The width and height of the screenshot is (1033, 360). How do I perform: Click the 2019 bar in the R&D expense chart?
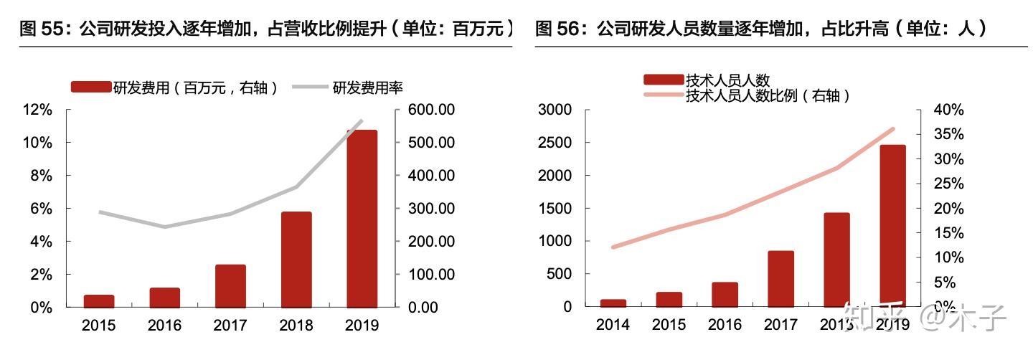[x=362, y=219]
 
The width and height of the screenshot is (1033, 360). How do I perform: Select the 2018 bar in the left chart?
[x=296, y=260]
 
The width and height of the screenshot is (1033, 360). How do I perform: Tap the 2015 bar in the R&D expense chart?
[x=98, y=301]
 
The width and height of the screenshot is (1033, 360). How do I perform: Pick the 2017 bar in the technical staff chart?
[x=780, y=279]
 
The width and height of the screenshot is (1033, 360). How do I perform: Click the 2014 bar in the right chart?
[x=613, y=303]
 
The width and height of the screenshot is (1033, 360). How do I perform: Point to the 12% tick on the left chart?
[x=37, y=110]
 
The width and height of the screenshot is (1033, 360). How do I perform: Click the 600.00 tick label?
[x=430, y=110]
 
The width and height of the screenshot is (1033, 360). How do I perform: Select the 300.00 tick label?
[x=430, y=209]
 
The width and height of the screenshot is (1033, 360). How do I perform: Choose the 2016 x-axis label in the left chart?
[x=164, y=326]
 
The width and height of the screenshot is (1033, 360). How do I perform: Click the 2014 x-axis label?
[x=613, y=325]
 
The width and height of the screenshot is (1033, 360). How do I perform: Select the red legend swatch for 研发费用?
[x=90, y=87]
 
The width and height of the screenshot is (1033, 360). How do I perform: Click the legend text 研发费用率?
[x=367, y=87]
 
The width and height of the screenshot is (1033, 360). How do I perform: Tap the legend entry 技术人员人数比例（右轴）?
[x=768, y=95]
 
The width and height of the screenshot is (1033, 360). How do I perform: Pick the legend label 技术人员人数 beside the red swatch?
[x=727, y=80]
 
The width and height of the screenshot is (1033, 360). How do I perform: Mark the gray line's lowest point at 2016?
[x=164, y=227]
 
